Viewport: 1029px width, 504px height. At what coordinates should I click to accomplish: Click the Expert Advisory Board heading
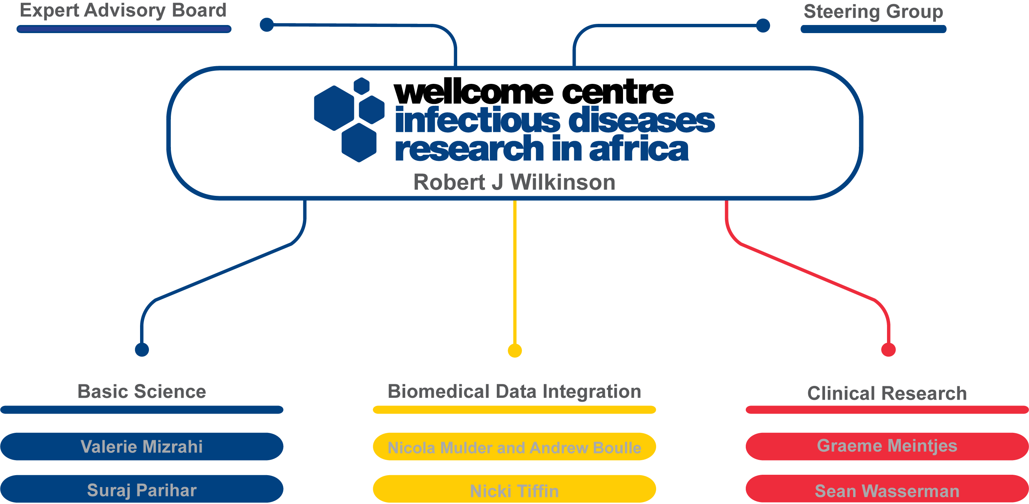click(123, 10)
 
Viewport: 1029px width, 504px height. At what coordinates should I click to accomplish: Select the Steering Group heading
click(873, 12)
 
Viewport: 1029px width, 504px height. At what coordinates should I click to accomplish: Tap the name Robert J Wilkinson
click(514, 182)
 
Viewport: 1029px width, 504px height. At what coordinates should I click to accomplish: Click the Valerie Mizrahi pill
click(142, 447)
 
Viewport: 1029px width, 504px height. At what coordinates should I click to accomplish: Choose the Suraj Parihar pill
click(142, 489)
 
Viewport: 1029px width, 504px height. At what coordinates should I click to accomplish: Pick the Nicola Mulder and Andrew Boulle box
click(514, 447)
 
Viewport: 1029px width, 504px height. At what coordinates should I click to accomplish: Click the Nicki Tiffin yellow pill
click(514, 490)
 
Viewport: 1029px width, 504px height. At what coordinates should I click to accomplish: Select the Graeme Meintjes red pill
click(887, 446)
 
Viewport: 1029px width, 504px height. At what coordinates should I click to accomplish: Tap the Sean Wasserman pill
click(887, 490)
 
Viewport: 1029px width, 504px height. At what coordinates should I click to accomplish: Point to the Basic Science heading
click(142, 391)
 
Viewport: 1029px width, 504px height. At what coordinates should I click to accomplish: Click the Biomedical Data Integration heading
click(514, 391)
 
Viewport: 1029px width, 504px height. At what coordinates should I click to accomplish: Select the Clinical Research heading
click(887, 393)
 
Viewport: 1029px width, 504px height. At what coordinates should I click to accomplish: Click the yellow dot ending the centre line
click(514, 350)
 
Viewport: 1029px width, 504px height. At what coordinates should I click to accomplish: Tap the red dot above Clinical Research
click(889, 349)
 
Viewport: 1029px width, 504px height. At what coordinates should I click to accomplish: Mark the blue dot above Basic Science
click(142, 349)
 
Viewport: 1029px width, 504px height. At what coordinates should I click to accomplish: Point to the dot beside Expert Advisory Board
click(266, 25)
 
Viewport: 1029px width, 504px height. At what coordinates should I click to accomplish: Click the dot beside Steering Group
click(763, 25)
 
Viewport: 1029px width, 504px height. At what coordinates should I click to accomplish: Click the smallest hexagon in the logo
click(361, 86)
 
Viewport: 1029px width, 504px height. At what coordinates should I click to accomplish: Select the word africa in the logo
click(639, 149)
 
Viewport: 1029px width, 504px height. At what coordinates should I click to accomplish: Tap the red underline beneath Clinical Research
click(887, 410)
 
